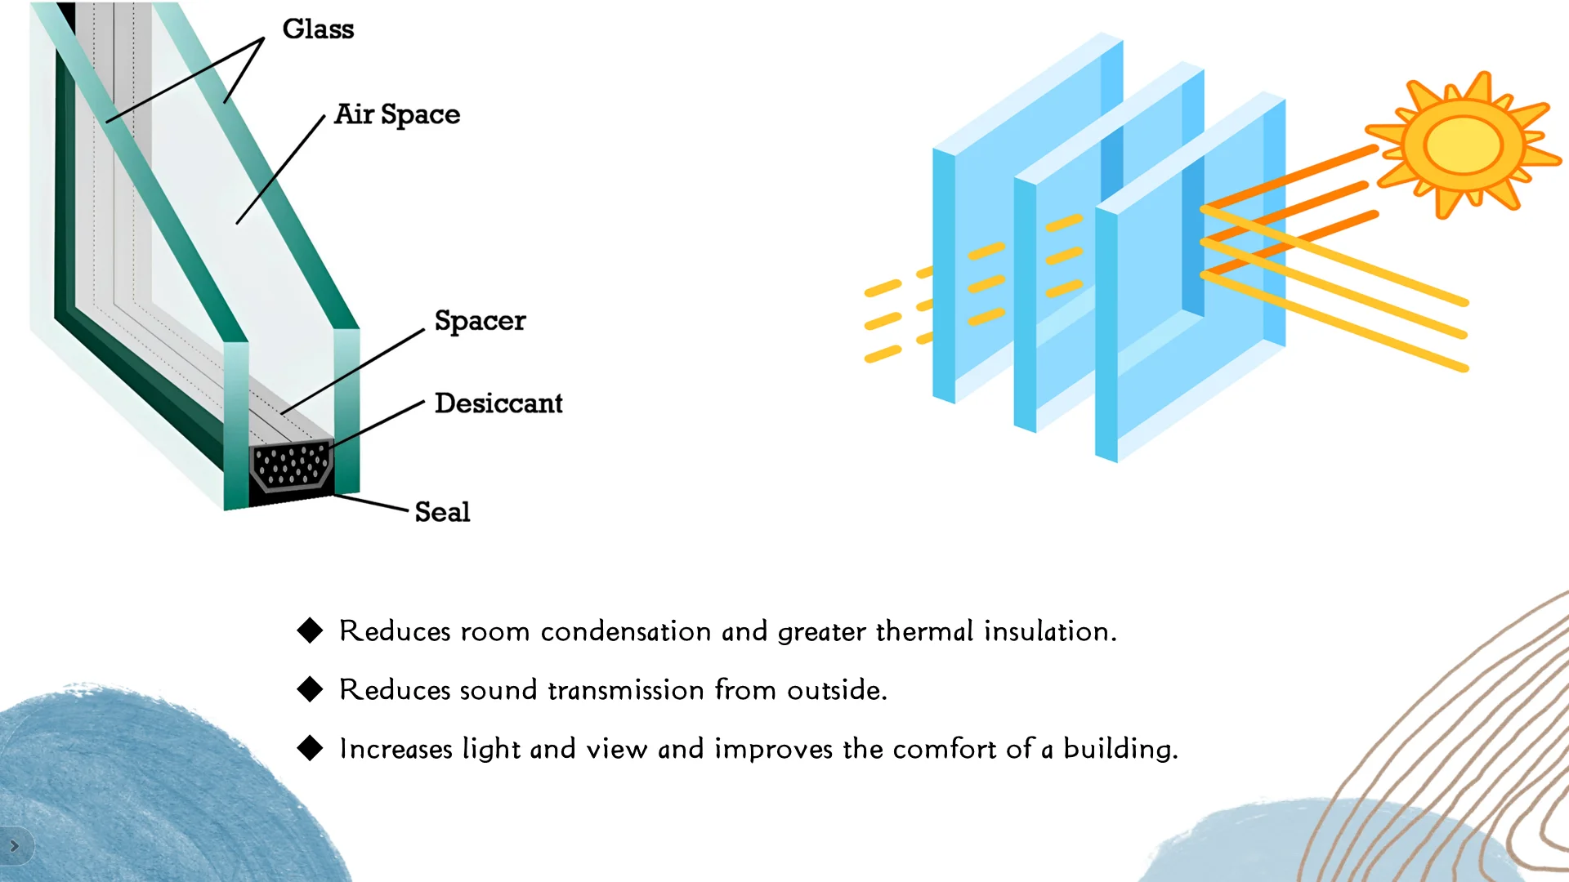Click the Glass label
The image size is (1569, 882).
coord(318,29)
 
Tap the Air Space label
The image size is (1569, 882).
coord(397,114)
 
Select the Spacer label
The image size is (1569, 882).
coord(480,321)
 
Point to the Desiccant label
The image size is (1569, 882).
coord(498,403)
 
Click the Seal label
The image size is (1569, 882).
coord(442,512)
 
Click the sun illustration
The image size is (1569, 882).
coord(1464,145)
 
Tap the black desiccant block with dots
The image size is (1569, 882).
coord(291,467)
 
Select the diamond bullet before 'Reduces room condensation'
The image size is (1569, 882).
coord(311,630)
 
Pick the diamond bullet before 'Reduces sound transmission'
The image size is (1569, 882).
coord(311,689)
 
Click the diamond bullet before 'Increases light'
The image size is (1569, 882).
coord(311,748)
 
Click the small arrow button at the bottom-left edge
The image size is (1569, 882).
coord(15,846)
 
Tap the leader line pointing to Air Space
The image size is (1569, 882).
coord(280,170)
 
